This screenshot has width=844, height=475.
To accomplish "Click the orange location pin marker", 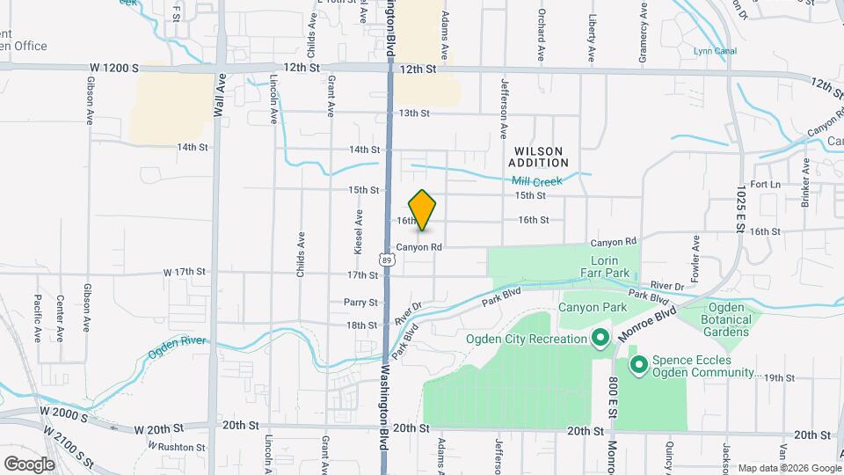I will click(x=423, y=210).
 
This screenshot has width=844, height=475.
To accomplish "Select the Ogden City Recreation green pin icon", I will click(x=600, y=339).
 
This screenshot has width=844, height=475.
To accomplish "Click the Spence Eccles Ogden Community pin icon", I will click(x=639, y=362).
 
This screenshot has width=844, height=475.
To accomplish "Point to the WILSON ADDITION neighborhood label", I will click(x=538, y=157).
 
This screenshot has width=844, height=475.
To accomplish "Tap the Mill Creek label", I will click(x=536, y=181).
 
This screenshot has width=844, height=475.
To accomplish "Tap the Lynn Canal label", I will click(x=714, y=51).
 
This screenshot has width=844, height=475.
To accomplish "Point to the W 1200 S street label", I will click(x=113, y=67).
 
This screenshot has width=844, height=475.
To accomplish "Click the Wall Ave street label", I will click(x=219, y=95).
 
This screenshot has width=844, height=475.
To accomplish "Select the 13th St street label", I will click(x=413, y=113).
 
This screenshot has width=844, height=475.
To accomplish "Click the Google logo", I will click(x=29, y=464).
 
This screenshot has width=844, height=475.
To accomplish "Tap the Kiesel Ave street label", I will click(x=358, y=231).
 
